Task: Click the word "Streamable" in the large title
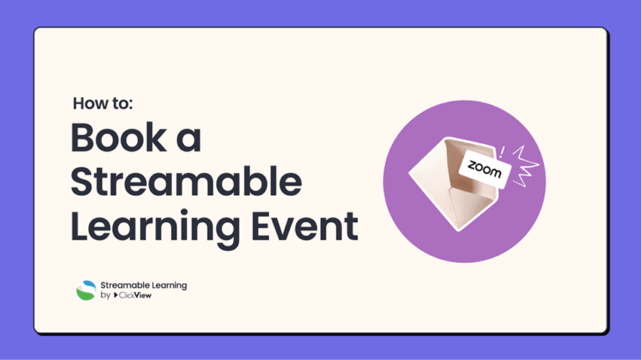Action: (186, 182)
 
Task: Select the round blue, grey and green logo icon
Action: (86, 291)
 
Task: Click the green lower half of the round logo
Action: (86, 296)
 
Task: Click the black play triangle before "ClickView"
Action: (117, 296)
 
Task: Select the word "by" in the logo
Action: (105, 296)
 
